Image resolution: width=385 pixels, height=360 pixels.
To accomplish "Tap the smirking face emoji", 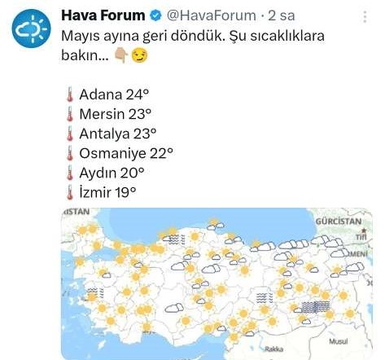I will pyautogui.click(x=140, y=56).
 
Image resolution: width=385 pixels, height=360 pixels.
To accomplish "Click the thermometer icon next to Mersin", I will pyautogui.click(x=69, y=114).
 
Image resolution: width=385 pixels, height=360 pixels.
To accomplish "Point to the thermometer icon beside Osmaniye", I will pyautogui.click(x=69, y=152).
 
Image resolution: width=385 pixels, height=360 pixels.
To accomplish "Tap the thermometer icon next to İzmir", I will pyautogui.click(x=69, y=191).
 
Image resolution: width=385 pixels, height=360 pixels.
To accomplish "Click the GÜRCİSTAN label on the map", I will pyautogui.click(x=338, y=222).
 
